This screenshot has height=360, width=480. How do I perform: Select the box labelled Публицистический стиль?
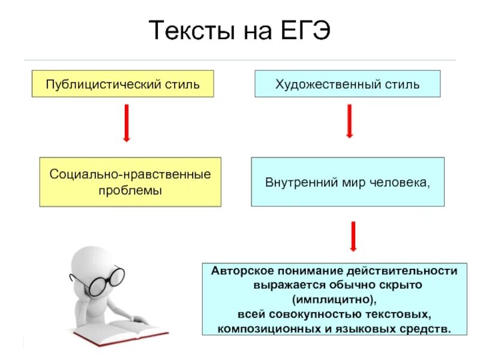(122, 84)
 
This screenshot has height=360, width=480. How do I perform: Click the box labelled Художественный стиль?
(347, 84)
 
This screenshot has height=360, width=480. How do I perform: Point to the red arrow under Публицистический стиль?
(127, 123)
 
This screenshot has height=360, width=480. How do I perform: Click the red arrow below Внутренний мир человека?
(353, 236)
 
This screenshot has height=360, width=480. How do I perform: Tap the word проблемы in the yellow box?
(130, 190)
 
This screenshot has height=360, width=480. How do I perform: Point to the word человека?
(404, 182)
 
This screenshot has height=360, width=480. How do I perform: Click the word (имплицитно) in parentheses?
(335, 299)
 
